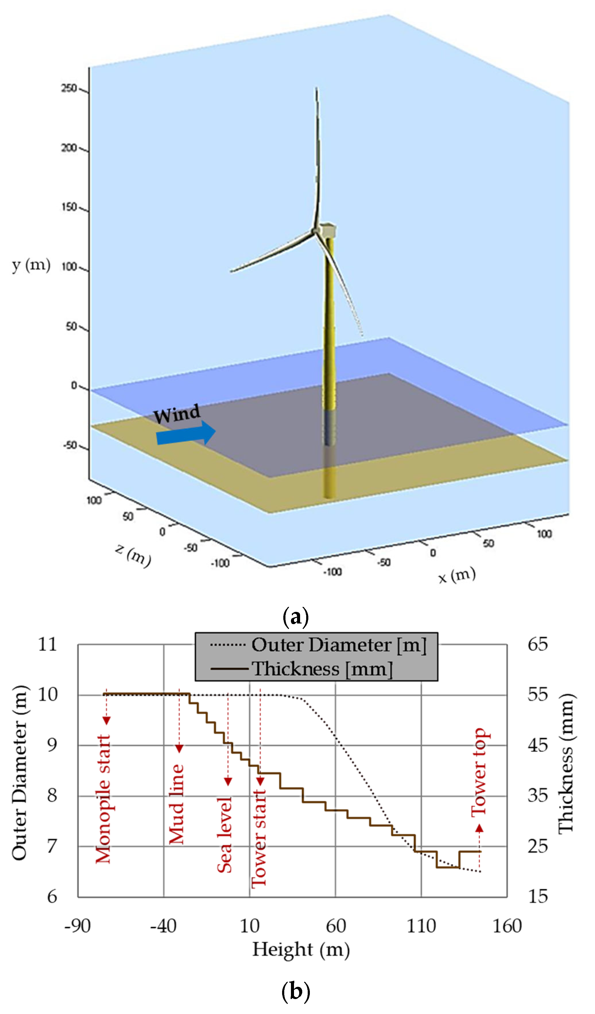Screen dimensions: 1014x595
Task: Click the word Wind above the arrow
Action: [x=177, y=414]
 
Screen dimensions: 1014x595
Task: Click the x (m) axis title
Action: [x=457, y=576]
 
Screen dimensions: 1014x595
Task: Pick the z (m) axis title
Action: [x=133, y=555]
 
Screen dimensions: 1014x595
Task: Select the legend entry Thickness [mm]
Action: [x=322, y=669]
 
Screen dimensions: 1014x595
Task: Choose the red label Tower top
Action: [x=479, y=772]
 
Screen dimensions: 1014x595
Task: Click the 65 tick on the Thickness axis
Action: [x=537, y=644]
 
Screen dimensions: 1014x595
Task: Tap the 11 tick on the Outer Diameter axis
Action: [x=48, y=644]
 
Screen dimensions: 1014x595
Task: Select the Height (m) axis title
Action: [x=301, y=950]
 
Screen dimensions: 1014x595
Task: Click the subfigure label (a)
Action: [x=296, y=617]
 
